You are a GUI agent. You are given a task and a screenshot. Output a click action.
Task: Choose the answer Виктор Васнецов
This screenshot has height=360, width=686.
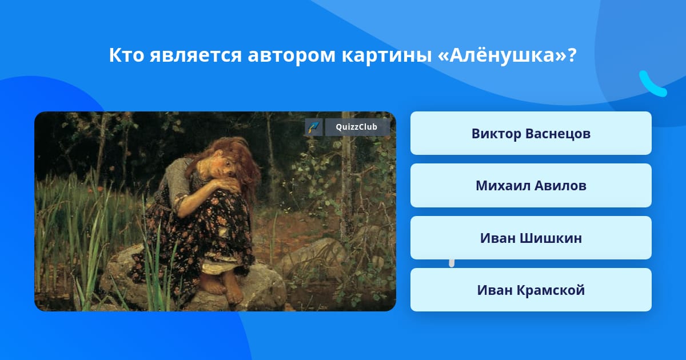click(x=531, y=134)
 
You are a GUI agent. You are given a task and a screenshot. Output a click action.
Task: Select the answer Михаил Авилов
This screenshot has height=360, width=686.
click(x=531, y=186)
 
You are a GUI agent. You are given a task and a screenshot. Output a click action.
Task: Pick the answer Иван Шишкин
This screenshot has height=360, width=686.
click(x=531, y=238)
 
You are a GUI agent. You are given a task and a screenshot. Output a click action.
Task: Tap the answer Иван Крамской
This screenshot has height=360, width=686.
click(x=531, y=290)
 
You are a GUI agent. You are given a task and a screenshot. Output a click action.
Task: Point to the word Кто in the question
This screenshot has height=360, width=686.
click(x=126, y=55)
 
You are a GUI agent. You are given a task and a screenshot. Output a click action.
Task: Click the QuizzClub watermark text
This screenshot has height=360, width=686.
click(x=356, y=127)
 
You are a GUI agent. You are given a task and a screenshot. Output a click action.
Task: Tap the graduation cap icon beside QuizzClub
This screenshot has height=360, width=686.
click(x=314, y=127)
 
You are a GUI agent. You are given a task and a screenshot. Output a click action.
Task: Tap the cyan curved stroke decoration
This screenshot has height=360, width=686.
click(x=651, y=85)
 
